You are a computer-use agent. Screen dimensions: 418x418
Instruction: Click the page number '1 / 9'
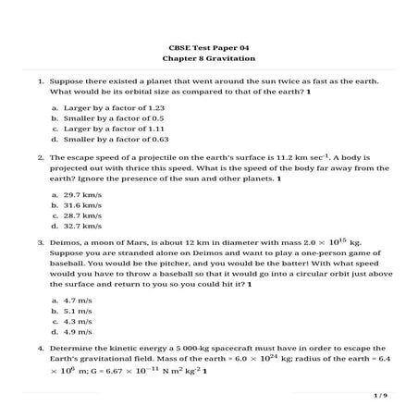coord(380,395)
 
